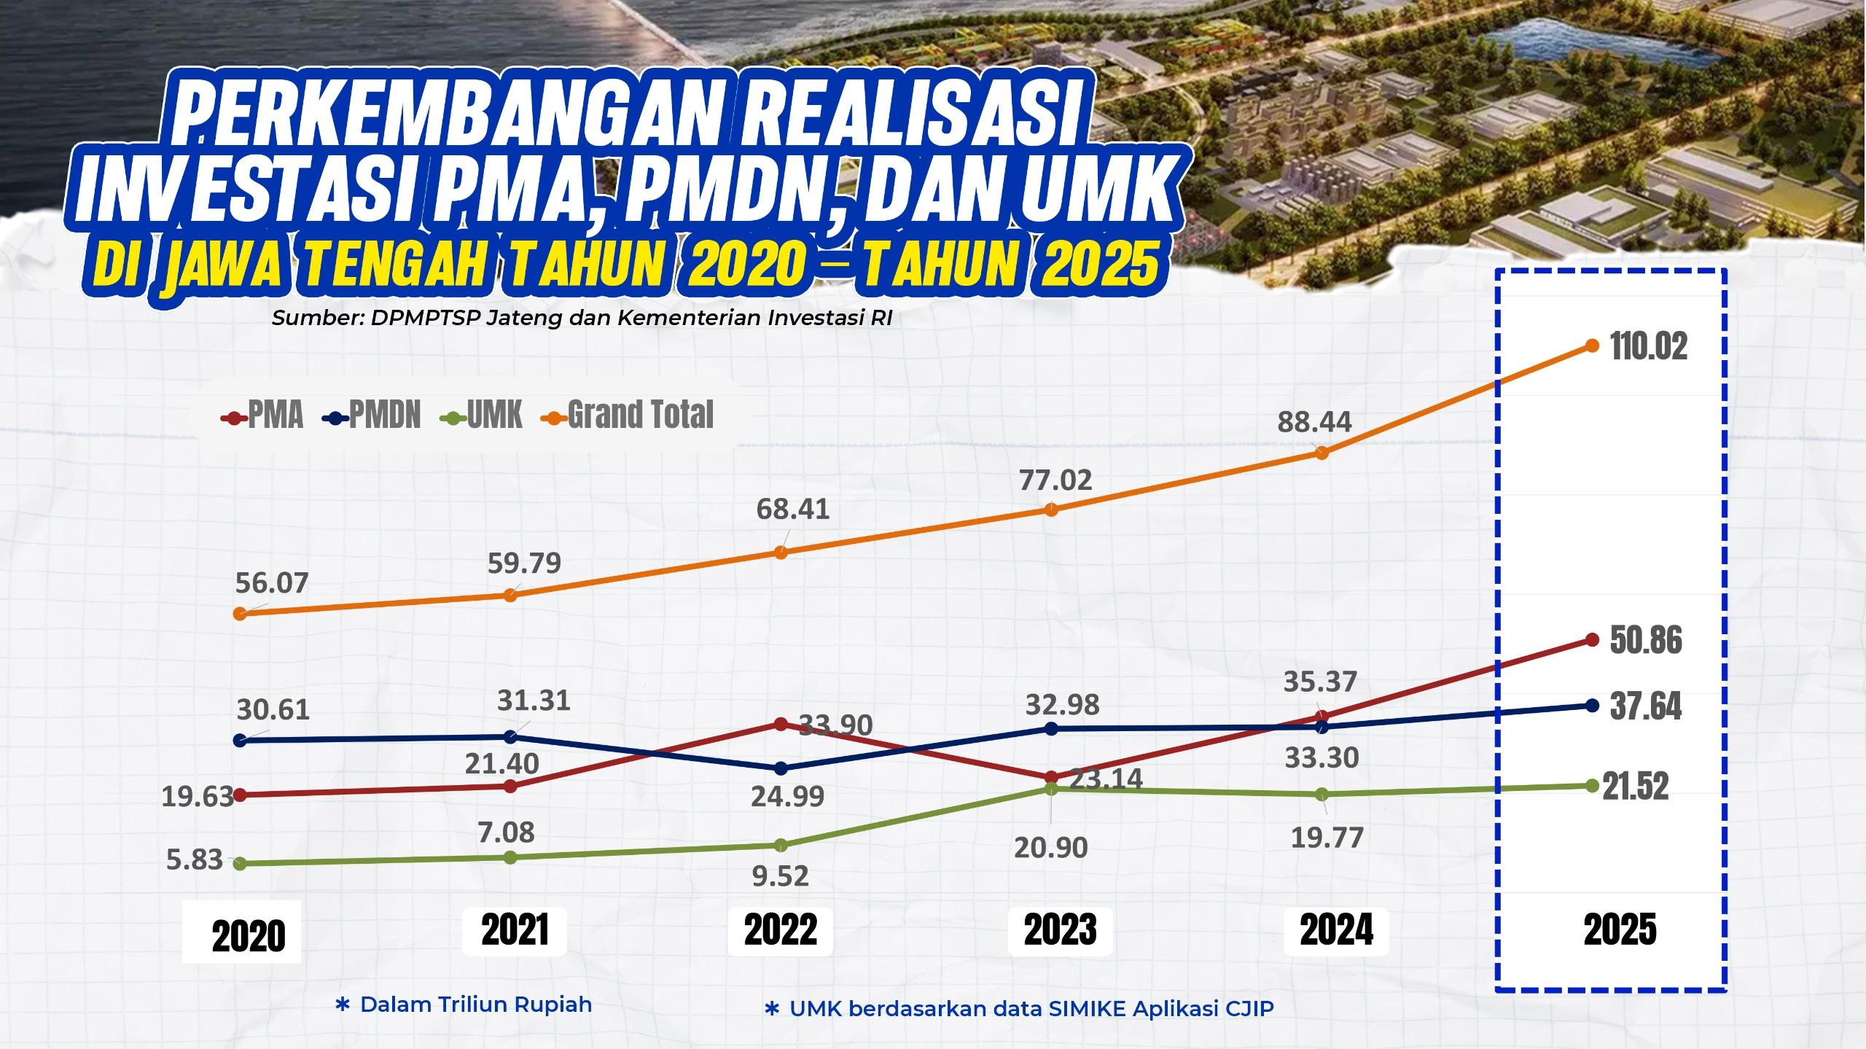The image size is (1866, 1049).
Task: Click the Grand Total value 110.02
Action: coord(1648,347)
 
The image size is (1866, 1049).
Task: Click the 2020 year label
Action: coord(249,937)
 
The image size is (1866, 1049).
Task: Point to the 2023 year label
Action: coord(1061,930)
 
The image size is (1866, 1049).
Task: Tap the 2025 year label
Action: coord(1620,930)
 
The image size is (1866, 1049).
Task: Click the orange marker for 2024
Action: coord(1322,453)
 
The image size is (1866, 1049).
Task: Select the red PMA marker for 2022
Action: coord(780,724)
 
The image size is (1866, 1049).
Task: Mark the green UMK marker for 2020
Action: coord(239,863)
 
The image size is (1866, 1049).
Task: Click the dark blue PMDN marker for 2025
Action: coord(1592,705)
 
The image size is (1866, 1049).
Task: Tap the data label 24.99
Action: coord(788,795)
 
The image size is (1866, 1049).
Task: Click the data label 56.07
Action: coord(272,583)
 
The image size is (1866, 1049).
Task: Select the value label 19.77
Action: coord(1327,838)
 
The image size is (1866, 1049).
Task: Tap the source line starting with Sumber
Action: coord(582,319)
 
